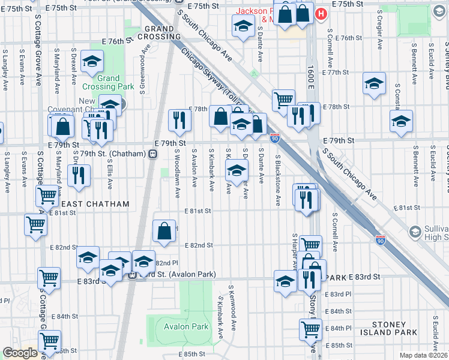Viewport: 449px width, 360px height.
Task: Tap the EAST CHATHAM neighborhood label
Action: pos(95,205)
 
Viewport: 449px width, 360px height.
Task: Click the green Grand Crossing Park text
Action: pos(108,82)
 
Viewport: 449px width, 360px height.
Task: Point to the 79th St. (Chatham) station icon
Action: pos(153,154)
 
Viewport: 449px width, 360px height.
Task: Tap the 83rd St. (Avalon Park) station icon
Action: pos(132,275)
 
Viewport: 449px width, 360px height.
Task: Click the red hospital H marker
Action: pos(322,13)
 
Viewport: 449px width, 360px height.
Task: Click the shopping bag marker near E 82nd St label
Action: pos(164,231)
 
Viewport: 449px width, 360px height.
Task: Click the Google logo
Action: pos(20,353)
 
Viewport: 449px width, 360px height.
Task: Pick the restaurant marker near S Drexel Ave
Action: pos(78,175)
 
